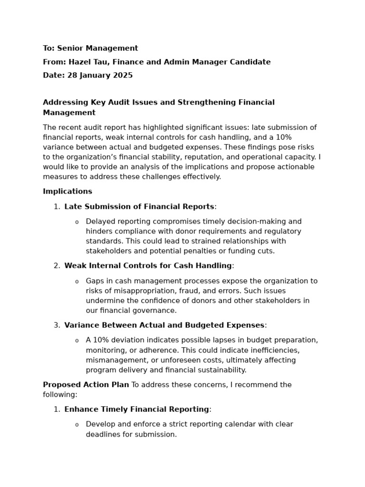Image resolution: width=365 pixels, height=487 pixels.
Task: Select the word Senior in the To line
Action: (x=70, y=48)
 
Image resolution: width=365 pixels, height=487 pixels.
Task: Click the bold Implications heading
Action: (x=67, y=191)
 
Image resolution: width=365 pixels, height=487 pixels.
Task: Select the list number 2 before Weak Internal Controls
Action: (x=56, y=265)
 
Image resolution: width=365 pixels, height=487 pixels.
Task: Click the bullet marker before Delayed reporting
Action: (x=77, y=222)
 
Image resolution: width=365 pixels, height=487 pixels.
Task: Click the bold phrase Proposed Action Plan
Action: (x=86, y=385)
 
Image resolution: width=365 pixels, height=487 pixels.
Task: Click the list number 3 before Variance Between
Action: (x=56, y=325)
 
